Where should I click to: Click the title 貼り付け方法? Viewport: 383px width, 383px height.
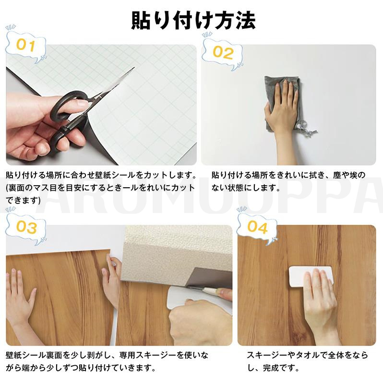point(193,21)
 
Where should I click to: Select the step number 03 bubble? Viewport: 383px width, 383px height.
point(26,227)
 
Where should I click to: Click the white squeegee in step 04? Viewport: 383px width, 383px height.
point(311,276)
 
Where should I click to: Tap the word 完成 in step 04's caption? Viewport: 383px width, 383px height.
point(271,368)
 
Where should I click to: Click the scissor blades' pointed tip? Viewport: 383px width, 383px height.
point(134,67)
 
